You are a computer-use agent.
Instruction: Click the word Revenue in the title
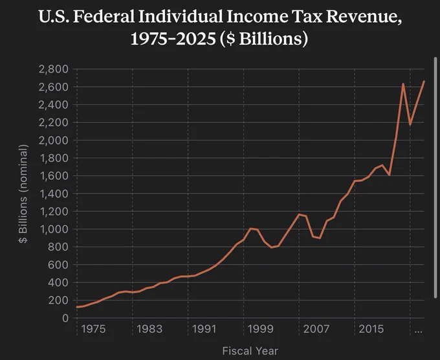pos(364,17)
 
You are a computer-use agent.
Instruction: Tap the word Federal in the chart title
pos(104,16)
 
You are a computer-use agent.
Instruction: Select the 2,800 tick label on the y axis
pos(54,69)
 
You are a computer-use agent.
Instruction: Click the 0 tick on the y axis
pos(65,318)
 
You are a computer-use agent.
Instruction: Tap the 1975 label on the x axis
pos(93,329)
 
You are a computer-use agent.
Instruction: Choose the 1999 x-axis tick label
pos(260,329)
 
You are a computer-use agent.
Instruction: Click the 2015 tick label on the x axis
pos(371,329)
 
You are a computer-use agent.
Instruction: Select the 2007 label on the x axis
pos(316,329)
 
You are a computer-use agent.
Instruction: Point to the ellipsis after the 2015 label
pos(418,332)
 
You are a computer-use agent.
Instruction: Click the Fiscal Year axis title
pos(250,351)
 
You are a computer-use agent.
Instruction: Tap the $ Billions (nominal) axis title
pos(23,194)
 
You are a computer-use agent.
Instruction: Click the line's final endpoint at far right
pos(424,82)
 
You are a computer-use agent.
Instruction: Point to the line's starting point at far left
pos(77,307)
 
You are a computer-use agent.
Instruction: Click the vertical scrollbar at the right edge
pos(435,177)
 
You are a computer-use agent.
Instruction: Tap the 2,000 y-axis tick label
pos(54,140)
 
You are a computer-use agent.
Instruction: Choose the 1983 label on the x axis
pos(149,329)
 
